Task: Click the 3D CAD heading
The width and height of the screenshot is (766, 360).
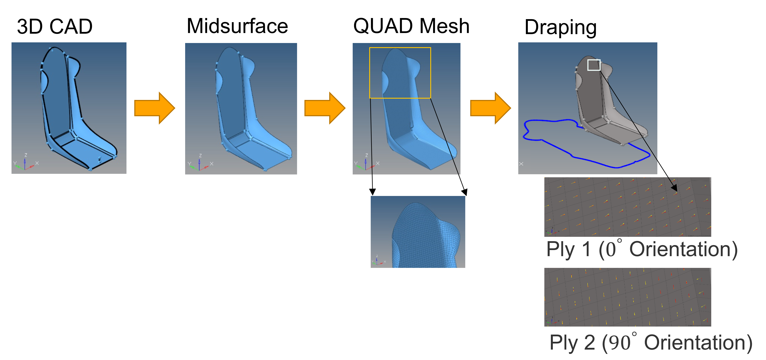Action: click(55, 27)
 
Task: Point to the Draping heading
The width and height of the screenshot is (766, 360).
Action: click(560, 27)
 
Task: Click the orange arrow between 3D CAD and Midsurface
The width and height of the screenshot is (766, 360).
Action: click(154, 108)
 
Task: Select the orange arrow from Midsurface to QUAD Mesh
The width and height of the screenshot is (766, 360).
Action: click(324, 108)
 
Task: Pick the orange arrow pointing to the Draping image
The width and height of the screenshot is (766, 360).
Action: click(490, 108)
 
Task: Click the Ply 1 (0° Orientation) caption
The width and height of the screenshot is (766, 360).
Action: click(642, 249)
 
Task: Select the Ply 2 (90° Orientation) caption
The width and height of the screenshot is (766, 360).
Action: click(651, 342)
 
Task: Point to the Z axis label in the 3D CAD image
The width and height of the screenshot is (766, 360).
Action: click(26, 155)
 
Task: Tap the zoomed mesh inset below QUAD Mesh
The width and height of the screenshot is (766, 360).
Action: click(418, 232)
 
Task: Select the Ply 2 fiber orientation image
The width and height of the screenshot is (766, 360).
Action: click(627, 297)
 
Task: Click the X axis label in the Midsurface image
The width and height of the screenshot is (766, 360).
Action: click(211, 164)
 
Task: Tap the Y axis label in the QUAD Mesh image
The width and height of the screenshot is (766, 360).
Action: click(356, 163)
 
